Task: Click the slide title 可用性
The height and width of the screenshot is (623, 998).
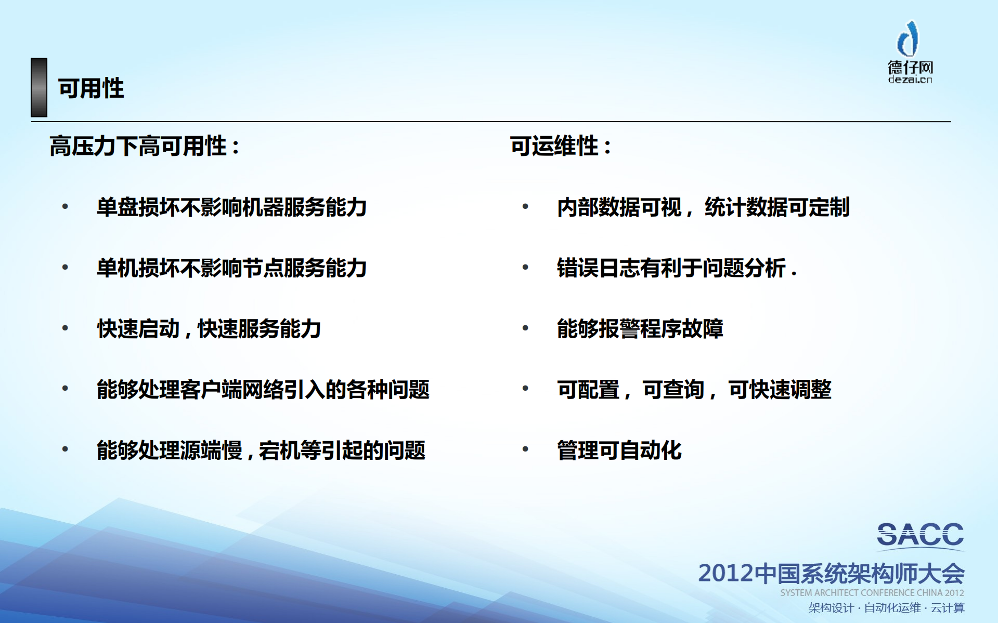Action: point(91,88)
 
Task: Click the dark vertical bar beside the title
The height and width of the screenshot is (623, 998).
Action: point(39,87)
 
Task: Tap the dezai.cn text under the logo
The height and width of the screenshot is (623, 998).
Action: point(910,79)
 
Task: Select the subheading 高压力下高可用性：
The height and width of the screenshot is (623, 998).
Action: point(145,146)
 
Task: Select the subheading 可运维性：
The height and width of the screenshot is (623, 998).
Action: point(561,146)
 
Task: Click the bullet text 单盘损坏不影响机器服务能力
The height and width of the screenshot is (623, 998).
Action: point(231,207)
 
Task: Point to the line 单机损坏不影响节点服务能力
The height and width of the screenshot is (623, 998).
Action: point(231,268)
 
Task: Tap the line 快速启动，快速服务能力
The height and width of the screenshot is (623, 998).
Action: point(209,329)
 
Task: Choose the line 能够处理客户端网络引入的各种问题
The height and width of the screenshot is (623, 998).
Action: point(263,390)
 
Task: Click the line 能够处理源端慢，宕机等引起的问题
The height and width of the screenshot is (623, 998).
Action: point(261,450)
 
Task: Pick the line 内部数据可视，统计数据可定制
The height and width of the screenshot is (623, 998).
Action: point(703,207)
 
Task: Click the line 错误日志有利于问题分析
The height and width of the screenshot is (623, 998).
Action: point(676,268)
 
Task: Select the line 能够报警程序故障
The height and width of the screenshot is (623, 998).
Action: point(640,329)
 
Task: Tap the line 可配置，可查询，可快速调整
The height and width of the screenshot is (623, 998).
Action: point(694,390)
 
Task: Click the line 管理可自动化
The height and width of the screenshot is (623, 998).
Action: point(619,450)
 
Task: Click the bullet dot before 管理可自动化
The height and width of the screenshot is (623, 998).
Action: point(525,449)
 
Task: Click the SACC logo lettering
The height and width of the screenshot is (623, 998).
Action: point(920,535)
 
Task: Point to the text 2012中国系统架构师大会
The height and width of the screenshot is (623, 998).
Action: point(831,574)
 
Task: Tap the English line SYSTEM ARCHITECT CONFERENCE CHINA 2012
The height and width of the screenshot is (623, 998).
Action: point(872,593)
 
